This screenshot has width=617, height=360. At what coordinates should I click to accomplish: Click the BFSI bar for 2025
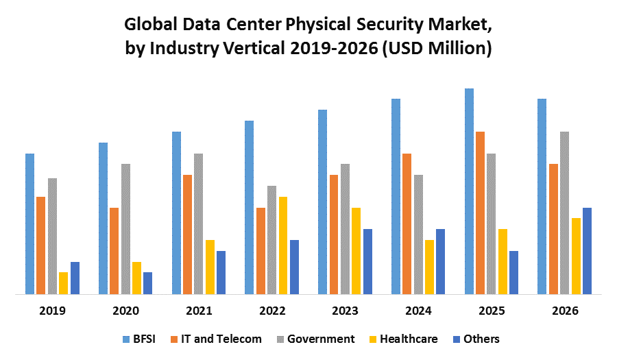pos(469,191)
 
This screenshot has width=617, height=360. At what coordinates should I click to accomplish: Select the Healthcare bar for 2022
pos(283,245)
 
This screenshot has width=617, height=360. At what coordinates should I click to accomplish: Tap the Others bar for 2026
pos(587,251)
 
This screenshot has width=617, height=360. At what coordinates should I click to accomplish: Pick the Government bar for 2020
pos(125,229)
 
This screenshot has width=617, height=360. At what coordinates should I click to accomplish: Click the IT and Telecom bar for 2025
pos(481,213)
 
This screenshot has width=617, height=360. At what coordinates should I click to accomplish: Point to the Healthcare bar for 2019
pos(64,283)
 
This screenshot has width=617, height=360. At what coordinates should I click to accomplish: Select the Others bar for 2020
pos(148,283)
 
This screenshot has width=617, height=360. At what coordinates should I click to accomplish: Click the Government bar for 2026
pos(564,213)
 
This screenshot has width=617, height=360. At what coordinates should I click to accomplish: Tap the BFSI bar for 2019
pos(29,224)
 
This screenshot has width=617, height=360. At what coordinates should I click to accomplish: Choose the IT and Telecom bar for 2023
pos(334,235)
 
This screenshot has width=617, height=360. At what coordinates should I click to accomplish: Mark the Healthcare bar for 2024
pos(429,267)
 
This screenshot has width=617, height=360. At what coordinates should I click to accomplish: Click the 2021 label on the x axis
pos(199,311)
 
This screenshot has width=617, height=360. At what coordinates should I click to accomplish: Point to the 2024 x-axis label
pos(418,311)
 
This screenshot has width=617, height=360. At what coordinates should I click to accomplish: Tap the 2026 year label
pos(565,311)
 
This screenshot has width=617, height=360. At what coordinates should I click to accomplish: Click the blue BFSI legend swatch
pos(126,339)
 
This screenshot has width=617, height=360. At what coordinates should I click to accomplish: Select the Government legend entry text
pos(321,339)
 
